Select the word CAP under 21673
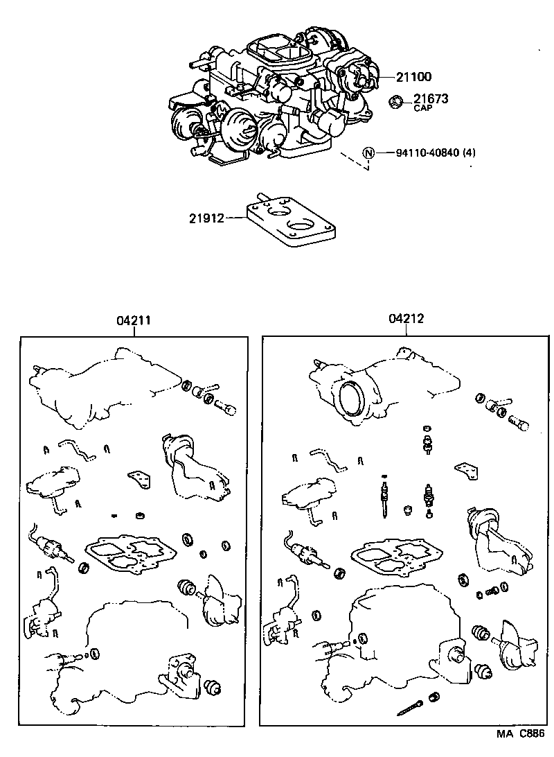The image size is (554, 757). pos(422,109)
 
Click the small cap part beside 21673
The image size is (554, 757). pos(397,102)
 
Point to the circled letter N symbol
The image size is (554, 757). pos(368,153)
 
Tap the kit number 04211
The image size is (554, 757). pos(134,320)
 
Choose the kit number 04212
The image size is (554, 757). pos(406,319)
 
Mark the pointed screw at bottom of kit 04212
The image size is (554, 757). pos(414,705)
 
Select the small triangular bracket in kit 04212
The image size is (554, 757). pos(466,471)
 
